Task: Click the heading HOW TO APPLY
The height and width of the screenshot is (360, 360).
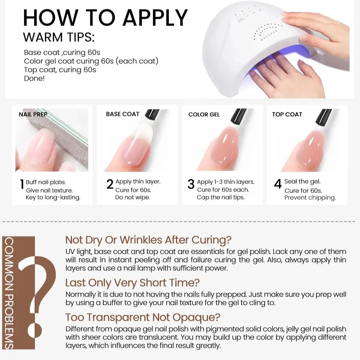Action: point(105,18)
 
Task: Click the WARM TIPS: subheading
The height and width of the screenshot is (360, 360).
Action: point(59,37)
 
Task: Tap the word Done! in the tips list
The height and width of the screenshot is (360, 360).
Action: point(35,78)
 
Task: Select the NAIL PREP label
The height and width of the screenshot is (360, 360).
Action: point(33,114)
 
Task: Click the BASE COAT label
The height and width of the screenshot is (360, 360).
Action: point(123,114)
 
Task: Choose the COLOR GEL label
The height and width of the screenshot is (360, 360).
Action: point(204,114)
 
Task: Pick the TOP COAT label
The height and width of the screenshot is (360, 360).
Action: point(287,114)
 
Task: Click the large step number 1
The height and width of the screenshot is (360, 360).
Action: point(22,184)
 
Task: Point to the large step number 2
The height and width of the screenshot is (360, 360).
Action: point(110,184)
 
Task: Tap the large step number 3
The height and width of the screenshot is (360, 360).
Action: point(191,184)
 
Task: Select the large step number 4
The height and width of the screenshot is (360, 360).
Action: point(278,184)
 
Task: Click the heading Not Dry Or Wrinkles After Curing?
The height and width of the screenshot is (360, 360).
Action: point(148,240)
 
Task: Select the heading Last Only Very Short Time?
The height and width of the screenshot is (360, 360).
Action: point(132,283)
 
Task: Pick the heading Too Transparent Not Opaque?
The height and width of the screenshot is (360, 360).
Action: point(143,317)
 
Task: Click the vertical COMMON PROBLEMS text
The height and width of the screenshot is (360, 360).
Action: point(9,293)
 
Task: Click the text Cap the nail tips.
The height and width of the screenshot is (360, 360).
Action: point(221,197)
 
